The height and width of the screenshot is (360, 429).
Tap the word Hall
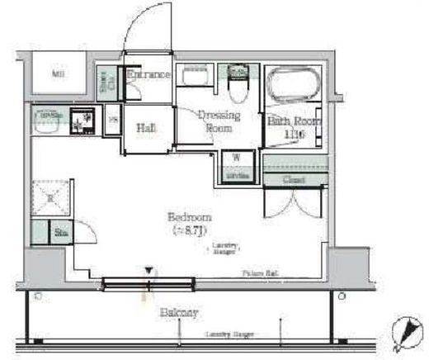click(146, 128)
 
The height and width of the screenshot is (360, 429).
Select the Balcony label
click(179, 313)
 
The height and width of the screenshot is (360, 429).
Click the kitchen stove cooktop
click(82, 122)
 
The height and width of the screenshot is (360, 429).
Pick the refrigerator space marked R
click(49, 198)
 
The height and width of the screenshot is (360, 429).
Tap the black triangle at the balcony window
click(148, 270)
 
